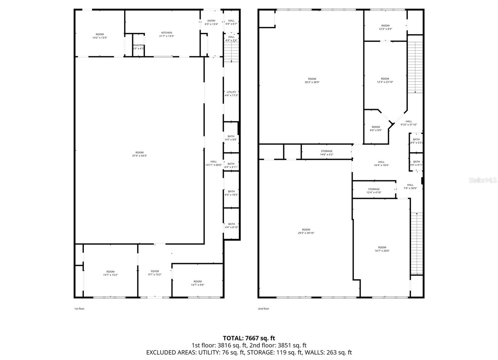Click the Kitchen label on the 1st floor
(167, 34)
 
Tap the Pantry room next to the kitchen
(138, 47)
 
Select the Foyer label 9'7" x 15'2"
(155, 273)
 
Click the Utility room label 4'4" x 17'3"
(231, 94)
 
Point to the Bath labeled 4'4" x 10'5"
(231, 193)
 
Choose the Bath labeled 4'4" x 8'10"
(231, 226)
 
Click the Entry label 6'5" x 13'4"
(211, 22)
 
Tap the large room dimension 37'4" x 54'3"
(139, 154)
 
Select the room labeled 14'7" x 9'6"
(197, 283)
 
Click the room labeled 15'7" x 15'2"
(110, 273)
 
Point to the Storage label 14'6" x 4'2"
(327, 153)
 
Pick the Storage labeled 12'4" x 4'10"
(374, 191)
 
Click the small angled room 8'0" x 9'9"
(376, 129)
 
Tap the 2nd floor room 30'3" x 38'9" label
(312, 81)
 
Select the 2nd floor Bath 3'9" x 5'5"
(416, 141)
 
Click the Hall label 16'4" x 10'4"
(381, 163)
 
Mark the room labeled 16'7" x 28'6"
(382, 249)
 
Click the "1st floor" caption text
(79, 309)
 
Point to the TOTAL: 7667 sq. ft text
(249, 338)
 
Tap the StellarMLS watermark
(483, 180)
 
